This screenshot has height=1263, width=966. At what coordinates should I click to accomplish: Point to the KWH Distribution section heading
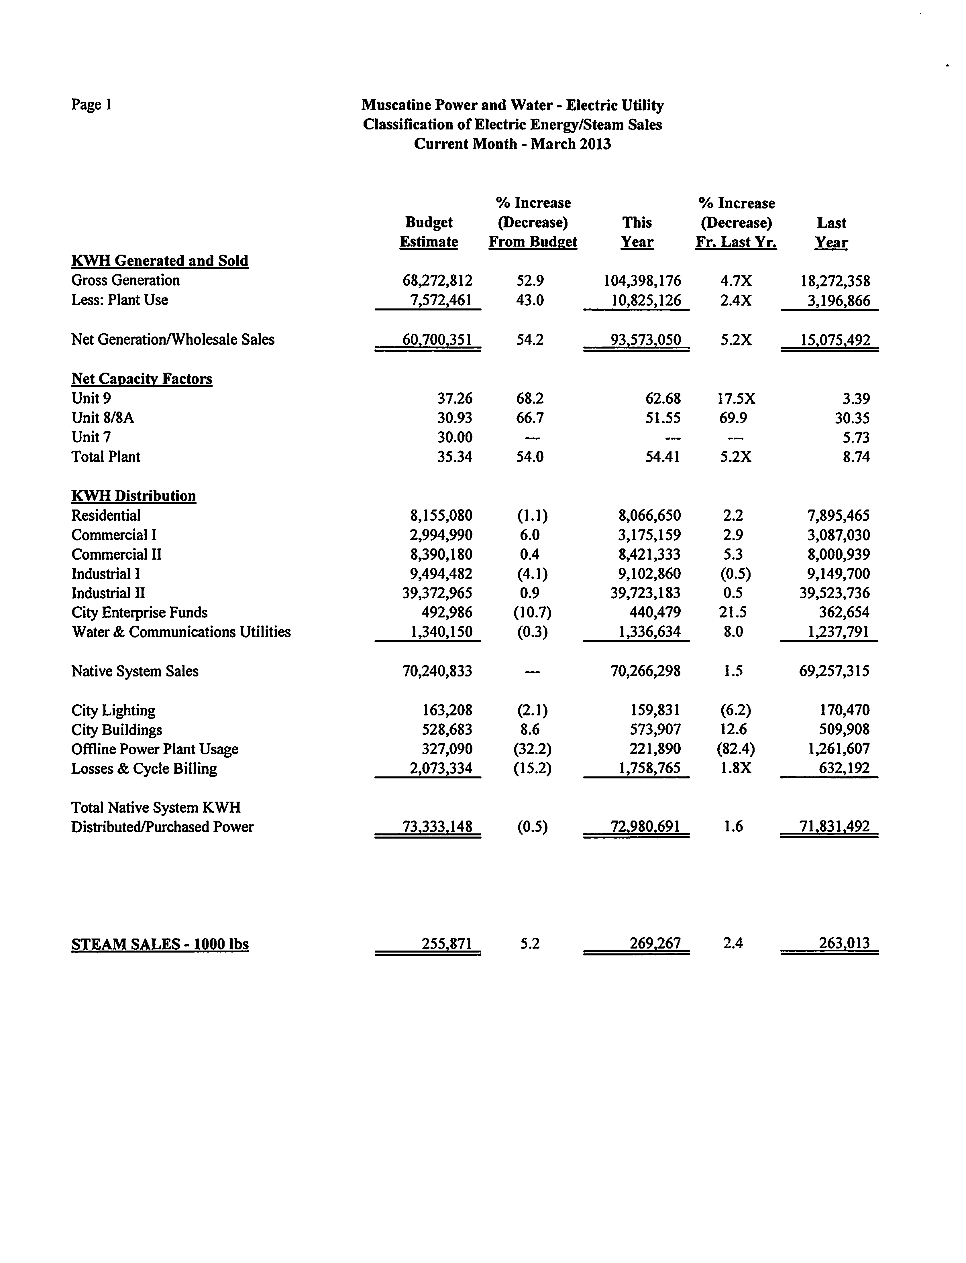tap(133, 495)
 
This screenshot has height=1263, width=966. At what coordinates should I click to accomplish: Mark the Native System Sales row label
tap(135, 671)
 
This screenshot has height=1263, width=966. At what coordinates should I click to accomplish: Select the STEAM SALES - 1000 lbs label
tap(160, 944)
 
